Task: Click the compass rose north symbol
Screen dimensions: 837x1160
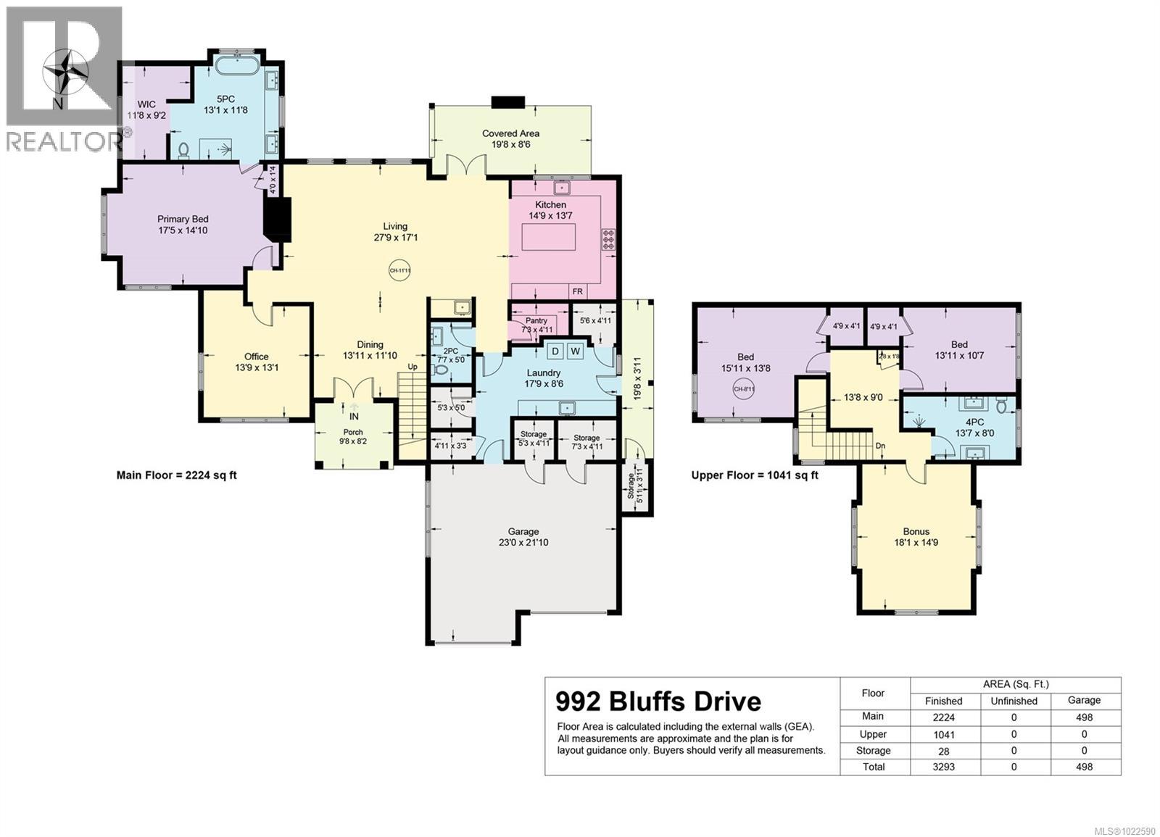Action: (x=66, y=75)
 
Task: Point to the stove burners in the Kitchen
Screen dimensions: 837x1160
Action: (x=608, y=239)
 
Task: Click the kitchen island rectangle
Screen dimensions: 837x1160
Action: (x=549, y=237)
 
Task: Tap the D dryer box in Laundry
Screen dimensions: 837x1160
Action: (x=555, y=351)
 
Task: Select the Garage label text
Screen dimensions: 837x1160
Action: (x=522, y=531)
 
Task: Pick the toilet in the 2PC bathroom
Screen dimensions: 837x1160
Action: (x=439, y=370)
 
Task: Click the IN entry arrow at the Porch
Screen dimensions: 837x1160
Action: (x=354, y=412)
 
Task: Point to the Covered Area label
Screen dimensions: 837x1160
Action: (x=510, y=133)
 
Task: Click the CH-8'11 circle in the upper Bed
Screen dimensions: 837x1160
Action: (x=745, y=388)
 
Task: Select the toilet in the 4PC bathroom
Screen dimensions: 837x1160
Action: (x=1001, y=406)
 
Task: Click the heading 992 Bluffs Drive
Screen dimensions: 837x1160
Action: (x=658, y=701)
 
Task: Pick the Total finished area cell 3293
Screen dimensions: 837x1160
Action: (x=943, y=767)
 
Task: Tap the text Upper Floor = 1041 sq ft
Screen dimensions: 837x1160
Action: (x=755, y=475)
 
